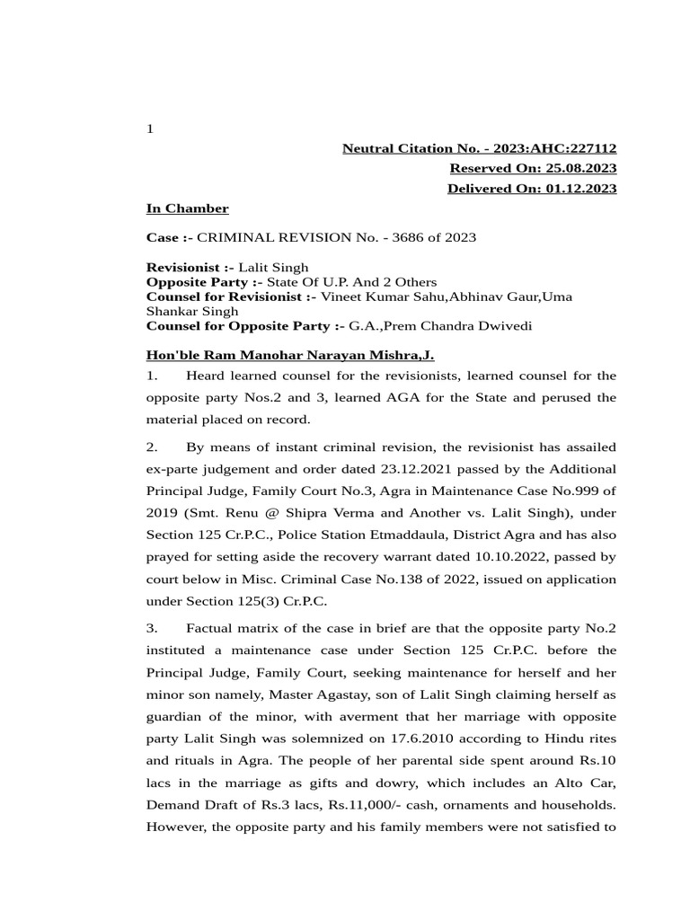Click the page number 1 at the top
click(150, 129)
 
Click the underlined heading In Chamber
click(187, 208)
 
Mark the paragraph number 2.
click(151, 447)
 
